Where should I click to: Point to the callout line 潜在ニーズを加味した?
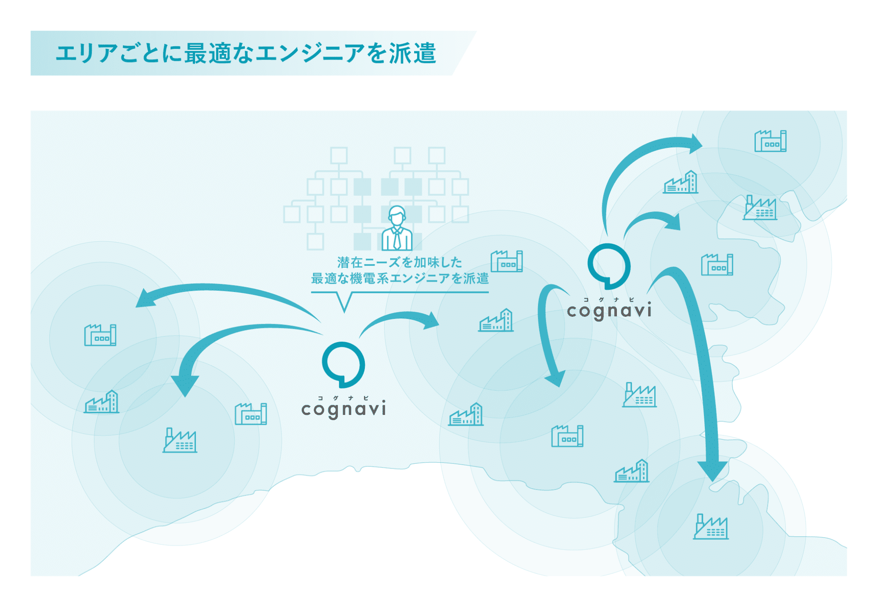click(x=400, y=262)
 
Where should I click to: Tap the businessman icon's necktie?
click(x=397, y=238)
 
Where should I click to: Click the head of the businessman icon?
click(x=397, y=215)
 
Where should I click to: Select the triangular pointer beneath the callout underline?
click(x=344, y=302)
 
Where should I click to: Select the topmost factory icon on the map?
click(x=770, y=141)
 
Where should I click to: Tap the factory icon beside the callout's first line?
click(x=507, y=261)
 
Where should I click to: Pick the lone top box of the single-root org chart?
click(x=339, y=155)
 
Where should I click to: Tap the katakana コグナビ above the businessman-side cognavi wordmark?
click(x=343, y=398)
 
